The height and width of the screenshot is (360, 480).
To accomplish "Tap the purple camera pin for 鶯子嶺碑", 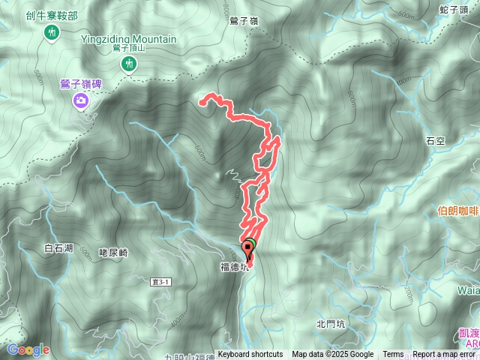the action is coord(80,100).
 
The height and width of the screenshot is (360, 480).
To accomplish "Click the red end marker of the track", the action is coord(249,248).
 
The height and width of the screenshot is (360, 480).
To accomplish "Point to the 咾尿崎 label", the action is coord(113,253).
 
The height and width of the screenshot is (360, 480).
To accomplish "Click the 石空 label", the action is coord(435,140).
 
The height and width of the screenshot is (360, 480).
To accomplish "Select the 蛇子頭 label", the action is coord(453,9).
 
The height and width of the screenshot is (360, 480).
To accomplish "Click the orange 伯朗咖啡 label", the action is coord(457,211).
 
